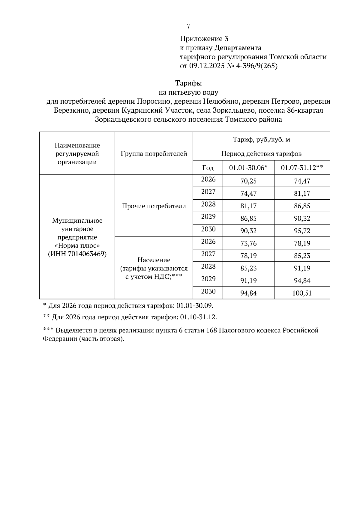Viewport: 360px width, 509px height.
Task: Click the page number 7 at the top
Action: click(188, 26)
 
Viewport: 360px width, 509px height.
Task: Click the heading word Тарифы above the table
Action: click(188, 83)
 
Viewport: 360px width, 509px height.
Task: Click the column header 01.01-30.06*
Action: click(248, 168)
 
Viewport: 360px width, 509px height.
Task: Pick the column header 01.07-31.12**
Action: click(302, 168)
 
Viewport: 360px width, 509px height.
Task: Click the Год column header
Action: click(208, 168)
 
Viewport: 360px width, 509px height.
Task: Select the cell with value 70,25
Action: click(248, 181)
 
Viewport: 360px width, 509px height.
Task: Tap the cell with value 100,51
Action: click(302, 293)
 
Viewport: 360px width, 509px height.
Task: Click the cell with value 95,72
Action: click(302, 231)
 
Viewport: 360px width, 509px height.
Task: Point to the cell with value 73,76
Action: click(248, 243)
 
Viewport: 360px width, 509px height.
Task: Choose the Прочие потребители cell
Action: click(154, 206)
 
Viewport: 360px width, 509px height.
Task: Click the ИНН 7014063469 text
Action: click(77, 254)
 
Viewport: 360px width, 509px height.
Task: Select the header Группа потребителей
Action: click(154, 154)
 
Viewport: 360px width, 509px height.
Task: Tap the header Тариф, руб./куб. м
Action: click(261, 139)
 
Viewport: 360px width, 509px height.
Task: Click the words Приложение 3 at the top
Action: click(204, 39)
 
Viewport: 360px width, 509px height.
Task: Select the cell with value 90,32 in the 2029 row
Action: click(302, 219)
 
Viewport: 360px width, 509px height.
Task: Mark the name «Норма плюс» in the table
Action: click(77, 246)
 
